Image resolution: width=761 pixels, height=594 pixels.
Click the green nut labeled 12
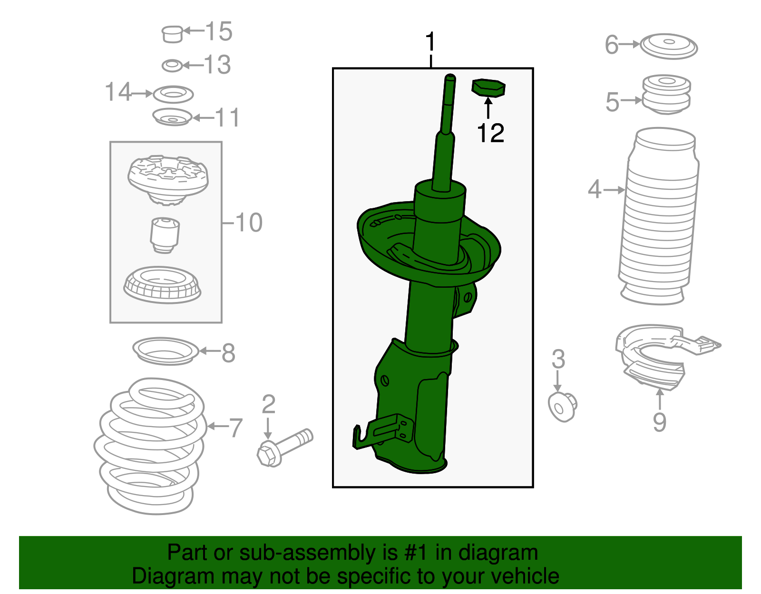coord(488,88)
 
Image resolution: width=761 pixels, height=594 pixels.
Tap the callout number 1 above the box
coord(430,42)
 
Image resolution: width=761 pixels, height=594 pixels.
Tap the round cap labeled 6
coord(668,47)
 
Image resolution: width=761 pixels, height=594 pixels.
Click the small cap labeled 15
coord(172,34)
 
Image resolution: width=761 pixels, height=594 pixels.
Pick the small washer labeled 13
coord(172,65)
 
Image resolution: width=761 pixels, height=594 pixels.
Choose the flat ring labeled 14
coord(173,94)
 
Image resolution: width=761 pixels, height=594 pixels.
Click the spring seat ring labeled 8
coord(165,351)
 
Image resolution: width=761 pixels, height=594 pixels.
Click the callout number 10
coord(249,223)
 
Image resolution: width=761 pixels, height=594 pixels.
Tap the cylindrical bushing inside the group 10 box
coord(165,234)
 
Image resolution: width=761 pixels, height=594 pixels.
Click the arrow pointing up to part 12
coord(488,107)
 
